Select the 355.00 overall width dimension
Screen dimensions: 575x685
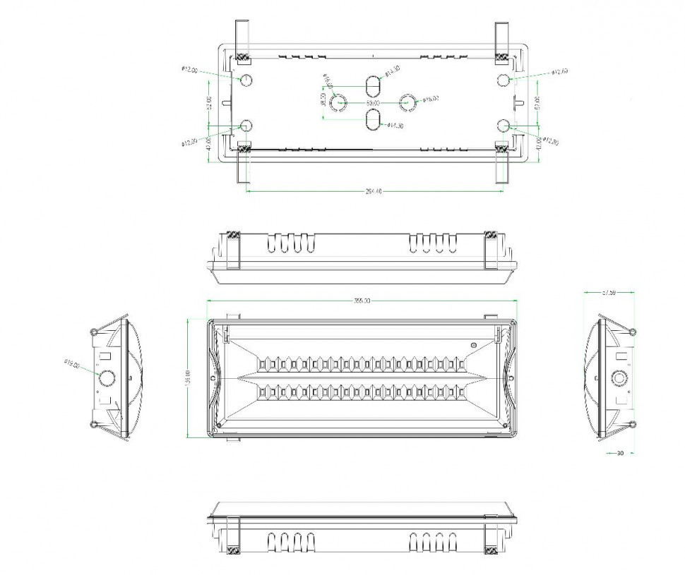point(362,301)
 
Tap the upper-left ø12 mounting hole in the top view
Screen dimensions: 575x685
point(246,79)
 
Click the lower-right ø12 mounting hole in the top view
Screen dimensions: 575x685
point(504,125)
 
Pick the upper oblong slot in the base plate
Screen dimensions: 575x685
point(372,86)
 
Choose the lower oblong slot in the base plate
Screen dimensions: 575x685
point(372,119)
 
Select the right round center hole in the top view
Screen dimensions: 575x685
point(407,102)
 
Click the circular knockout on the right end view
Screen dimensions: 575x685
point(621,377)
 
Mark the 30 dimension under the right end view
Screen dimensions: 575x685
point(619,453)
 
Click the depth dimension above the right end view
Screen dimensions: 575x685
point(609,291)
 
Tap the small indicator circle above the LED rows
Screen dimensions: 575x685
point(474,345)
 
